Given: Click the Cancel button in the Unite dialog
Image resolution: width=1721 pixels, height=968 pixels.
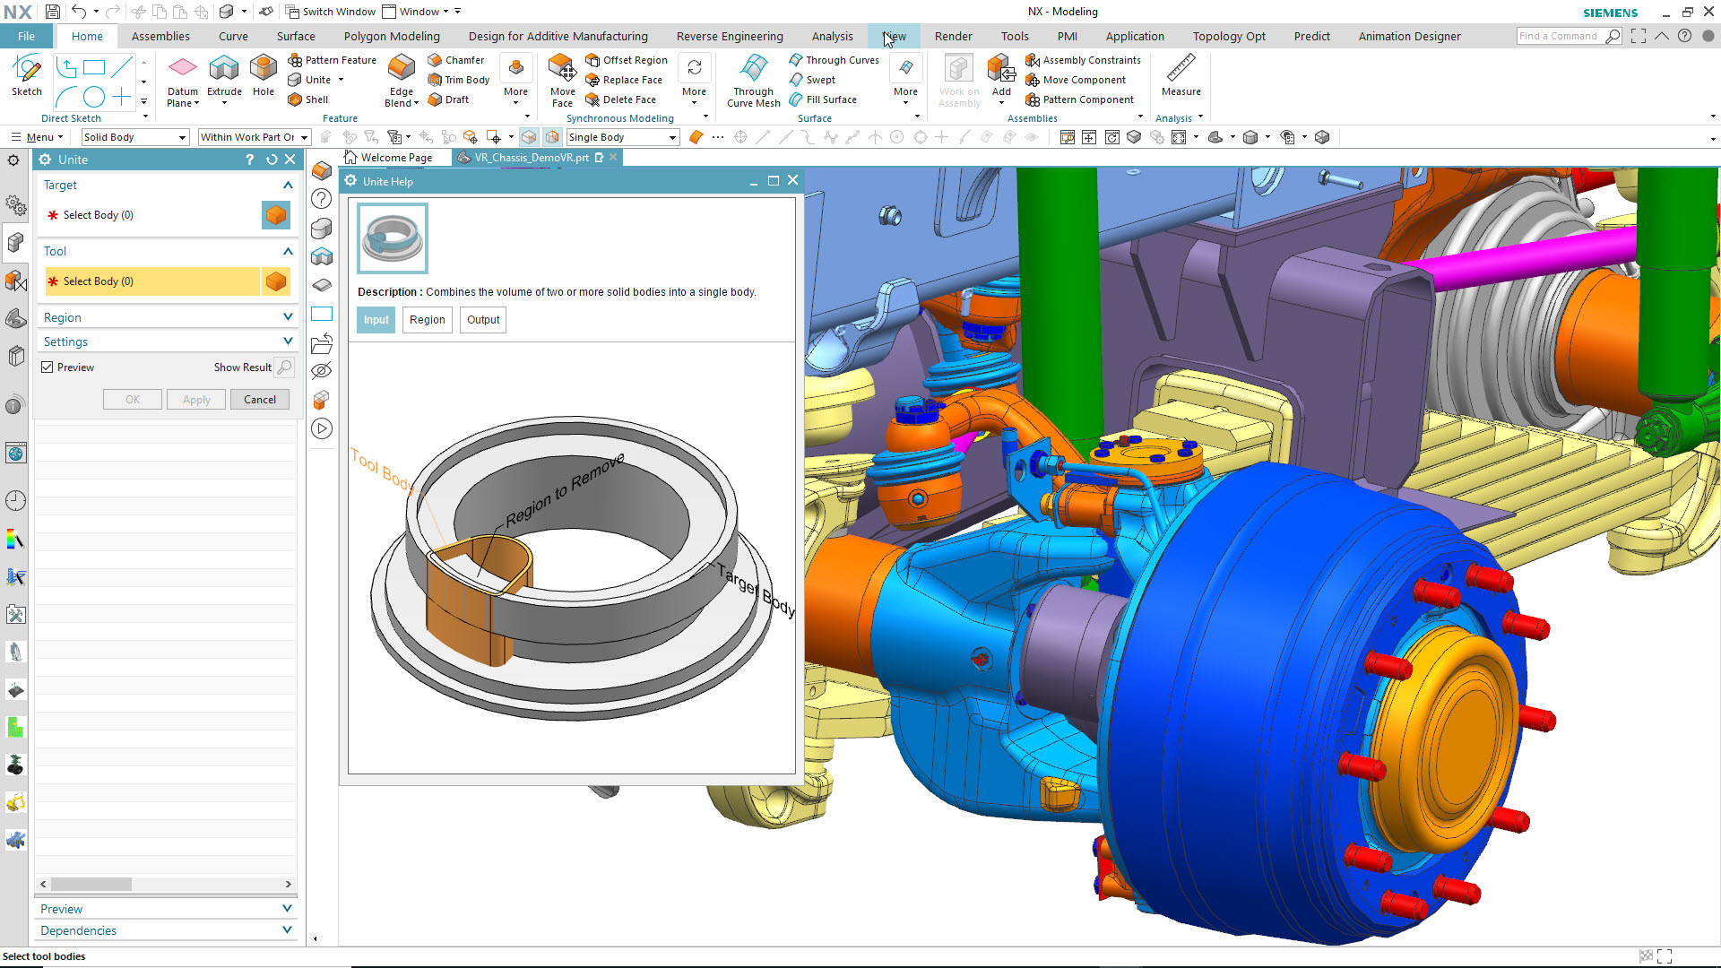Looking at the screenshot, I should click(x=260, y=400).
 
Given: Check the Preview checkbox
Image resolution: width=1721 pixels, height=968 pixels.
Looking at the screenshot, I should click(x=48, y=367).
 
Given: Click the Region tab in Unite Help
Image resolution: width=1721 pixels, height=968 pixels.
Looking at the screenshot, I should click(x=427, y=320).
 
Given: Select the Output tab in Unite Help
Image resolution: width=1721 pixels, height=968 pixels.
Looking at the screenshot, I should click(x=483, y=320).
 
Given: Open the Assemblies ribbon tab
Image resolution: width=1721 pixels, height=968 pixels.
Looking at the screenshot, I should click(x=160, y=37).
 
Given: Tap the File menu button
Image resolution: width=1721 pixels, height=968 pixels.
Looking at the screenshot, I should click(x=27, y=37).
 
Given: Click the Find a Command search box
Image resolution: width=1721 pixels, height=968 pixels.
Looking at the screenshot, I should click(x=1559, y=36).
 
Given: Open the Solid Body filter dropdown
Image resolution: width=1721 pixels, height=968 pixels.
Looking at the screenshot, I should click(x=134, y=137).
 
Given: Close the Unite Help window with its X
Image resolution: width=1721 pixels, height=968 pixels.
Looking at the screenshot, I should click(x=792, y=180).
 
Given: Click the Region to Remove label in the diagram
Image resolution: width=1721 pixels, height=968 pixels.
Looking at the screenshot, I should click(x=565, y=491).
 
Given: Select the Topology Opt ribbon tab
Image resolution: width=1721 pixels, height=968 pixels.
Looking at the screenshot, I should click(x=1229, y=37).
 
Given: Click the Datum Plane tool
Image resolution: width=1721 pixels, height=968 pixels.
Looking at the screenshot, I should click(x=183, y=76).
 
